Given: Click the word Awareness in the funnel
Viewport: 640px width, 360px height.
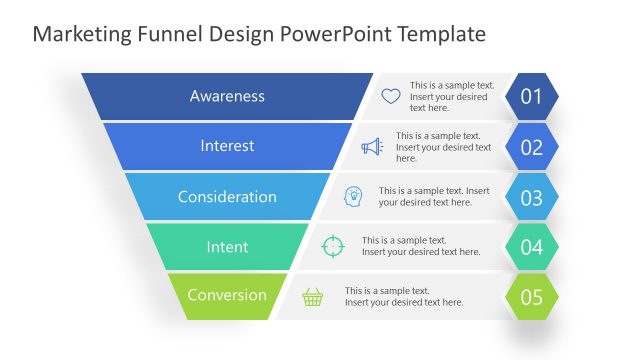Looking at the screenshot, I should coord(227,96).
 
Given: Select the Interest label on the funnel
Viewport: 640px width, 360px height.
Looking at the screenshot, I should coord(227,146).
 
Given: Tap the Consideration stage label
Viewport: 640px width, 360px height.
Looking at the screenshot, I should coord(227,197).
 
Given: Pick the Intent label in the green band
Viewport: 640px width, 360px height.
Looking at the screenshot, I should coord(227,246).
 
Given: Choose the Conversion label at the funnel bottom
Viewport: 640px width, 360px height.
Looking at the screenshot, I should coord(227,295).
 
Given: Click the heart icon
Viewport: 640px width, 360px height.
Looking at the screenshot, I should coord(391,97).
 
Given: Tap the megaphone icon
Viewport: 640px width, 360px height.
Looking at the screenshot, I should coord(372,147).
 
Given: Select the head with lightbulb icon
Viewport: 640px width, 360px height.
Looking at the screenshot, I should coord(354,196).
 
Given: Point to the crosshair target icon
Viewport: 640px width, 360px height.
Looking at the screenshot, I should coord(333,246).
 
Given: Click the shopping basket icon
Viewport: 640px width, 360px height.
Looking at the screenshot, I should coord(313,297).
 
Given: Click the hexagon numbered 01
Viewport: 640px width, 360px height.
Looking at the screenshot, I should coord(531,97).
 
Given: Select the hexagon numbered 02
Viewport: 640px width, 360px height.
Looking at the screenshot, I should coord(531,147).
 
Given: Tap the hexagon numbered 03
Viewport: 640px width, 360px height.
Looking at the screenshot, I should coord(531,197).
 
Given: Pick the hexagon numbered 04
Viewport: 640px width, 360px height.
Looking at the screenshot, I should coord(531,246).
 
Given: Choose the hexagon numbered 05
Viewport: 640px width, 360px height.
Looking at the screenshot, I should coord(531,297).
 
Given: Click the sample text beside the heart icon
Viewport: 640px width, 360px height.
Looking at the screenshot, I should coord(451,97).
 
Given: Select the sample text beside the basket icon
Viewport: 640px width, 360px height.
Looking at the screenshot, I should coord(404,297).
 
